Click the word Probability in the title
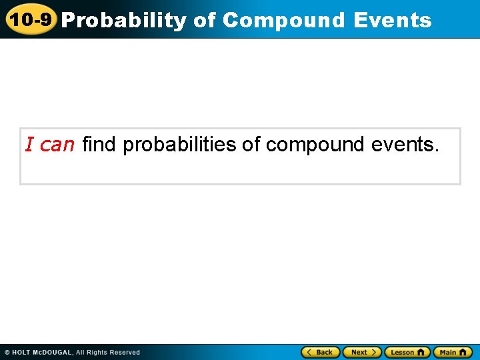pos(124,21)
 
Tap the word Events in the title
pos(393,21)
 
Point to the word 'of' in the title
pos(205,21)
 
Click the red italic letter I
pos(29,145)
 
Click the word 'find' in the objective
pos(99,145)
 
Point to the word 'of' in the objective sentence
pos(251,145)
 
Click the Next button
pos(362,352)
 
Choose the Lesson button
pos(407,352)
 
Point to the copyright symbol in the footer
pos(7,353)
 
